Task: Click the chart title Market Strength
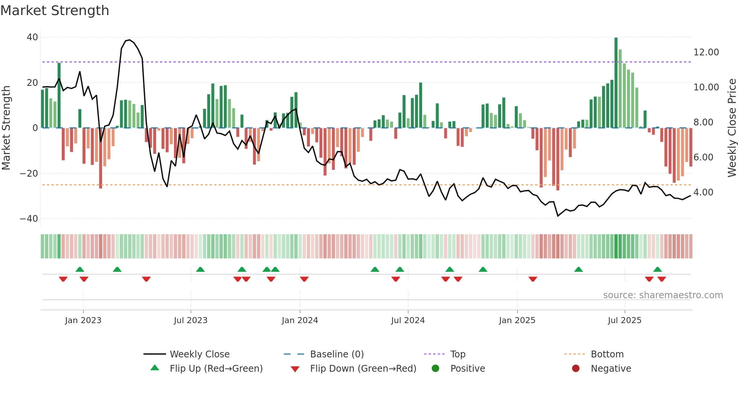(55, 11)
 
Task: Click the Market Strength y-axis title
(6, 128)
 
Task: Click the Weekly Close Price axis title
(732, 128)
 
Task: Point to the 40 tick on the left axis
(32, 37)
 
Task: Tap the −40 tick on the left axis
(29, 219)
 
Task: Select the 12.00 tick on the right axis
(706, 52)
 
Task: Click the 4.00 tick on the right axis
(703, 192)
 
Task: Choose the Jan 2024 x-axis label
(300, 320)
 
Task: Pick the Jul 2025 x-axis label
(624, 320)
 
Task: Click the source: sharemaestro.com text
(663, 295)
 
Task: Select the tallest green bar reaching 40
(616, 83)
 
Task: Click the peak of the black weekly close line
(130, 40)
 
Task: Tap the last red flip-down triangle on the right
(662, 279)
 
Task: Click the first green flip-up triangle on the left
(80, 269)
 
